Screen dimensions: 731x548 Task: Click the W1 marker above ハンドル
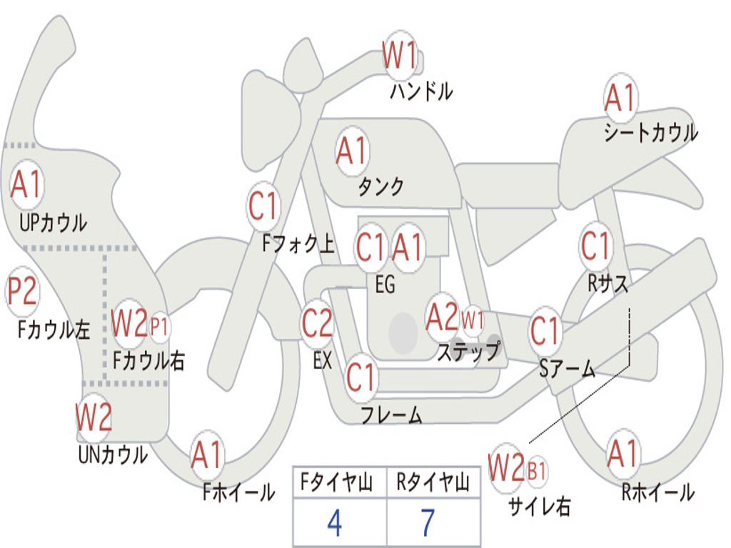pyautogui.click(x=400, y=55)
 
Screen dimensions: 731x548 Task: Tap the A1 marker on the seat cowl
pyautogui.click(x=620, y=97)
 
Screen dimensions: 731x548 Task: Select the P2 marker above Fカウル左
pyautogui.click(x=22, y=292)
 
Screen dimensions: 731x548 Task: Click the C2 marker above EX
pyautogui.click(x=318, y=323)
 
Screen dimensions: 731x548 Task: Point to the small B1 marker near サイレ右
pyautogui.click(x=537, y=471)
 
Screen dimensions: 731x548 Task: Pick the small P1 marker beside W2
pyautogui.click(x=159, y=327)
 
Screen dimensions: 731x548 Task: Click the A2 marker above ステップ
pyautogui.click(x=443, y=318)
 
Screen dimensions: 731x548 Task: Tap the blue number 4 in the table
pyautogui.click(x=334, y=522)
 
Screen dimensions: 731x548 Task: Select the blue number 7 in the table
pyautogui.click(x=428, y=522)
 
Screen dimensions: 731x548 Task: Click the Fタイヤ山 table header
pyautogui.click(x=336, y=482)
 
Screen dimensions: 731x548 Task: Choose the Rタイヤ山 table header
pyautogui.click(x=433, y=482)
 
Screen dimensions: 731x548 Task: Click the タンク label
pyautogui.click(x=380, y=186)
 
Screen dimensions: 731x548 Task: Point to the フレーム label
pyautogui.click(x=391, y=415)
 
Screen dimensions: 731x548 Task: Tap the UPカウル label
pyautogui.click(x=53, y=223)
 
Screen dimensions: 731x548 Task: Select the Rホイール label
pyautogui.click(x=657, y=492)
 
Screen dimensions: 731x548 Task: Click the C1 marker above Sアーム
pyautogui.click(x=545, y=332)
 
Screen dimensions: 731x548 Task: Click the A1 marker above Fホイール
pyautogui.click(x=206, y=455)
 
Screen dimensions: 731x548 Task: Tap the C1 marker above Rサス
pyautogui.click(x=595, y=245)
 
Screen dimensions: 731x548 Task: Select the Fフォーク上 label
pyautogui.click(x=298, y=244)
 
